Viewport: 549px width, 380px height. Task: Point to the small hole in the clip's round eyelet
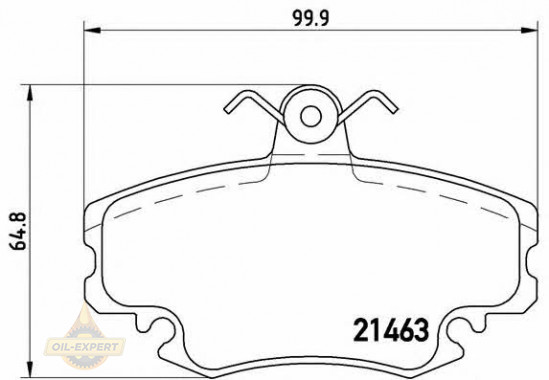click(x=309, y=115)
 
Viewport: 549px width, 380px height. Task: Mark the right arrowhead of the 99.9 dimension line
click(x=532, y=32)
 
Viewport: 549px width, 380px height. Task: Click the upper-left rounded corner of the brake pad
click(x=96, y=206)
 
